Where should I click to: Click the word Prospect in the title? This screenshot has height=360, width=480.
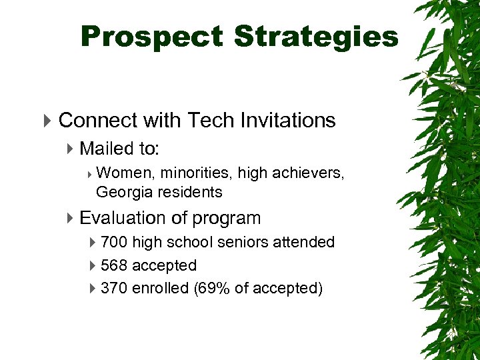(x=151, y=37)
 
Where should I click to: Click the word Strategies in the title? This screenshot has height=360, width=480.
(x=316, y=37)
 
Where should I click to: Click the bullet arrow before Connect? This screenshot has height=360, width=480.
(x=47, y=121)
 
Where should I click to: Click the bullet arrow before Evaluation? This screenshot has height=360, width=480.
(x=71, y=219)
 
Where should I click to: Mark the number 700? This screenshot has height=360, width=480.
(x=114, y=242)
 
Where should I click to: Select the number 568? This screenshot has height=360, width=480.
(x=114, y=265)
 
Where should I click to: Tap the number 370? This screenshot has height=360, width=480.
(x=114, y=288)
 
